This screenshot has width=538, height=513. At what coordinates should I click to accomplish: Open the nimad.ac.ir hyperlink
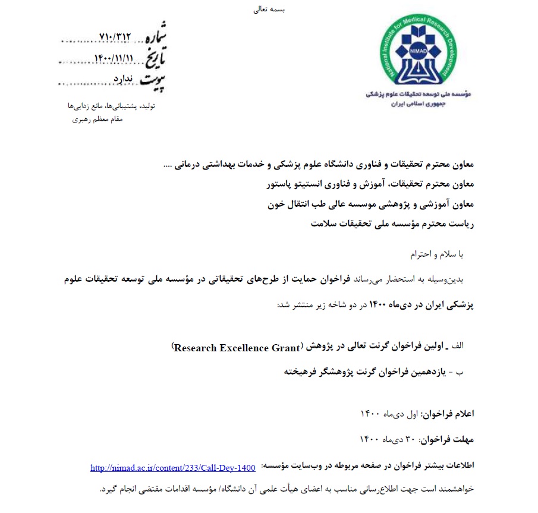(x=173, y=468)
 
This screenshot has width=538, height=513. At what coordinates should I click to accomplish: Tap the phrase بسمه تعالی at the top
(x=270, y=11)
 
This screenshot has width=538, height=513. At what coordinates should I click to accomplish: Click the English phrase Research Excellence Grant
(x=236, y=348)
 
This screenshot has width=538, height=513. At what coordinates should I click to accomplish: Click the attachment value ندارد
(x=124, y=79)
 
